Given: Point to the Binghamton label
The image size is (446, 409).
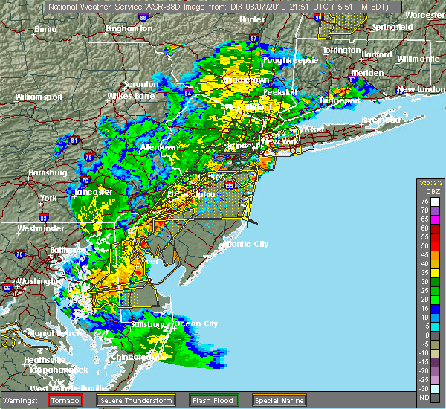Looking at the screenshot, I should pos(129,28).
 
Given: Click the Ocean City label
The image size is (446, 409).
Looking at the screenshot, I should pos(197,323).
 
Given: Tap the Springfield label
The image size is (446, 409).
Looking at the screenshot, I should pos(394,27).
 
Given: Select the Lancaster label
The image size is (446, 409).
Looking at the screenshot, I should pos(92,192).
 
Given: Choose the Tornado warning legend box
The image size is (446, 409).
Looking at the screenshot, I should pos(65,400).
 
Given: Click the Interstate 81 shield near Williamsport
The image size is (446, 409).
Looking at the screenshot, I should pos(73,139).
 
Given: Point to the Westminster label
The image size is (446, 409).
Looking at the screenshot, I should pos(39,228).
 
